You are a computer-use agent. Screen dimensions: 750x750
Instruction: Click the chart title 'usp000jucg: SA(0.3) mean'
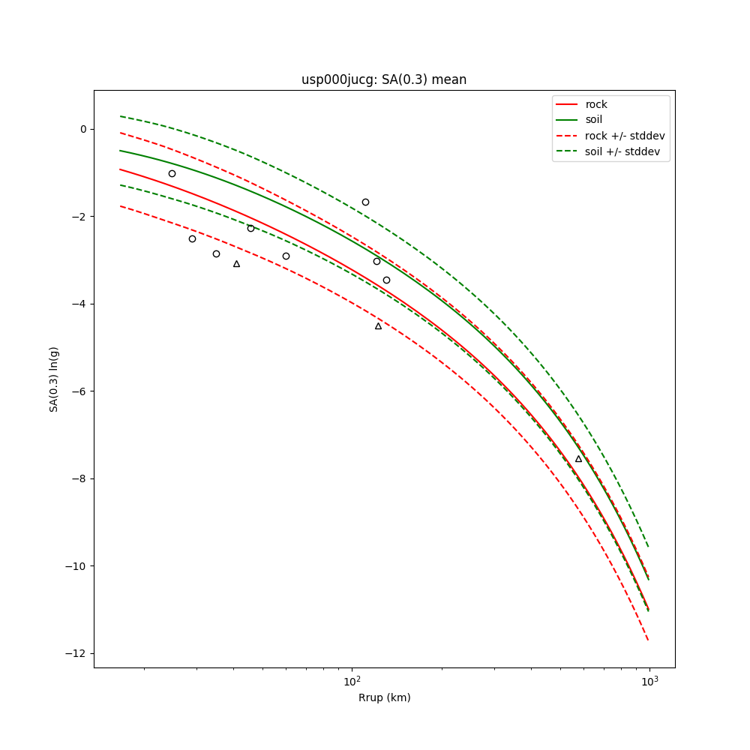click(x=384, y=79)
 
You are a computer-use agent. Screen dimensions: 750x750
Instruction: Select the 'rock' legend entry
click(x=596, y=104)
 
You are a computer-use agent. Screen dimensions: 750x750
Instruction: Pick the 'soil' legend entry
click(x=594, y=119)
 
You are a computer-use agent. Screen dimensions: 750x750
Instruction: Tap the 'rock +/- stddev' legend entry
click(x=625, y=136)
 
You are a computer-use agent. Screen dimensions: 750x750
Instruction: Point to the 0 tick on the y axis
click(x=83, y=129)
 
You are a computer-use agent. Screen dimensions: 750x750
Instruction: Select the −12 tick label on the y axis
click(x=78, y=653)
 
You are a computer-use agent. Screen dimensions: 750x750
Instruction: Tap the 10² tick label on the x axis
click(x=352, y=682)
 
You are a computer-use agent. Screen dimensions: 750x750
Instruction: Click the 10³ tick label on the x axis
click(x=649, y=682)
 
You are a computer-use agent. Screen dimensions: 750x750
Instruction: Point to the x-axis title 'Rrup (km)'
click(x=384, y=697)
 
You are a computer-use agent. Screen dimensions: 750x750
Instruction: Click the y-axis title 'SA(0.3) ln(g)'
click(x=54, y=379)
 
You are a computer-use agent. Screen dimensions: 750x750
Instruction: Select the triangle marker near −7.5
click(x=578, y=459)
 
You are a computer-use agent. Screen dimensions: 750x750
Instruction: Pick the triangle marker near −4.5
click(x=378, y=326)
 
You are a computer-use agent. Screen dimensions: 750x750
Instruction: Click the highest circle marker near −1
click(x=172, y=173)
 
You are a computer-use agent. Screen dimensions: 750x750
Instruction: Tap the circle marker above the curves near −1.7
click(x=365, y=202)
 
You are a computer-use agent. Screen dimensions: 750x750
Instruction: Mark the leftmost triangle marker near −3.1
click(x=236, y=264)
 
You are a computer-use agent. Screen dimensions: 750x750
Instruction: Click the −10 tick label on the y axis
click(x=78, y=566)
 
